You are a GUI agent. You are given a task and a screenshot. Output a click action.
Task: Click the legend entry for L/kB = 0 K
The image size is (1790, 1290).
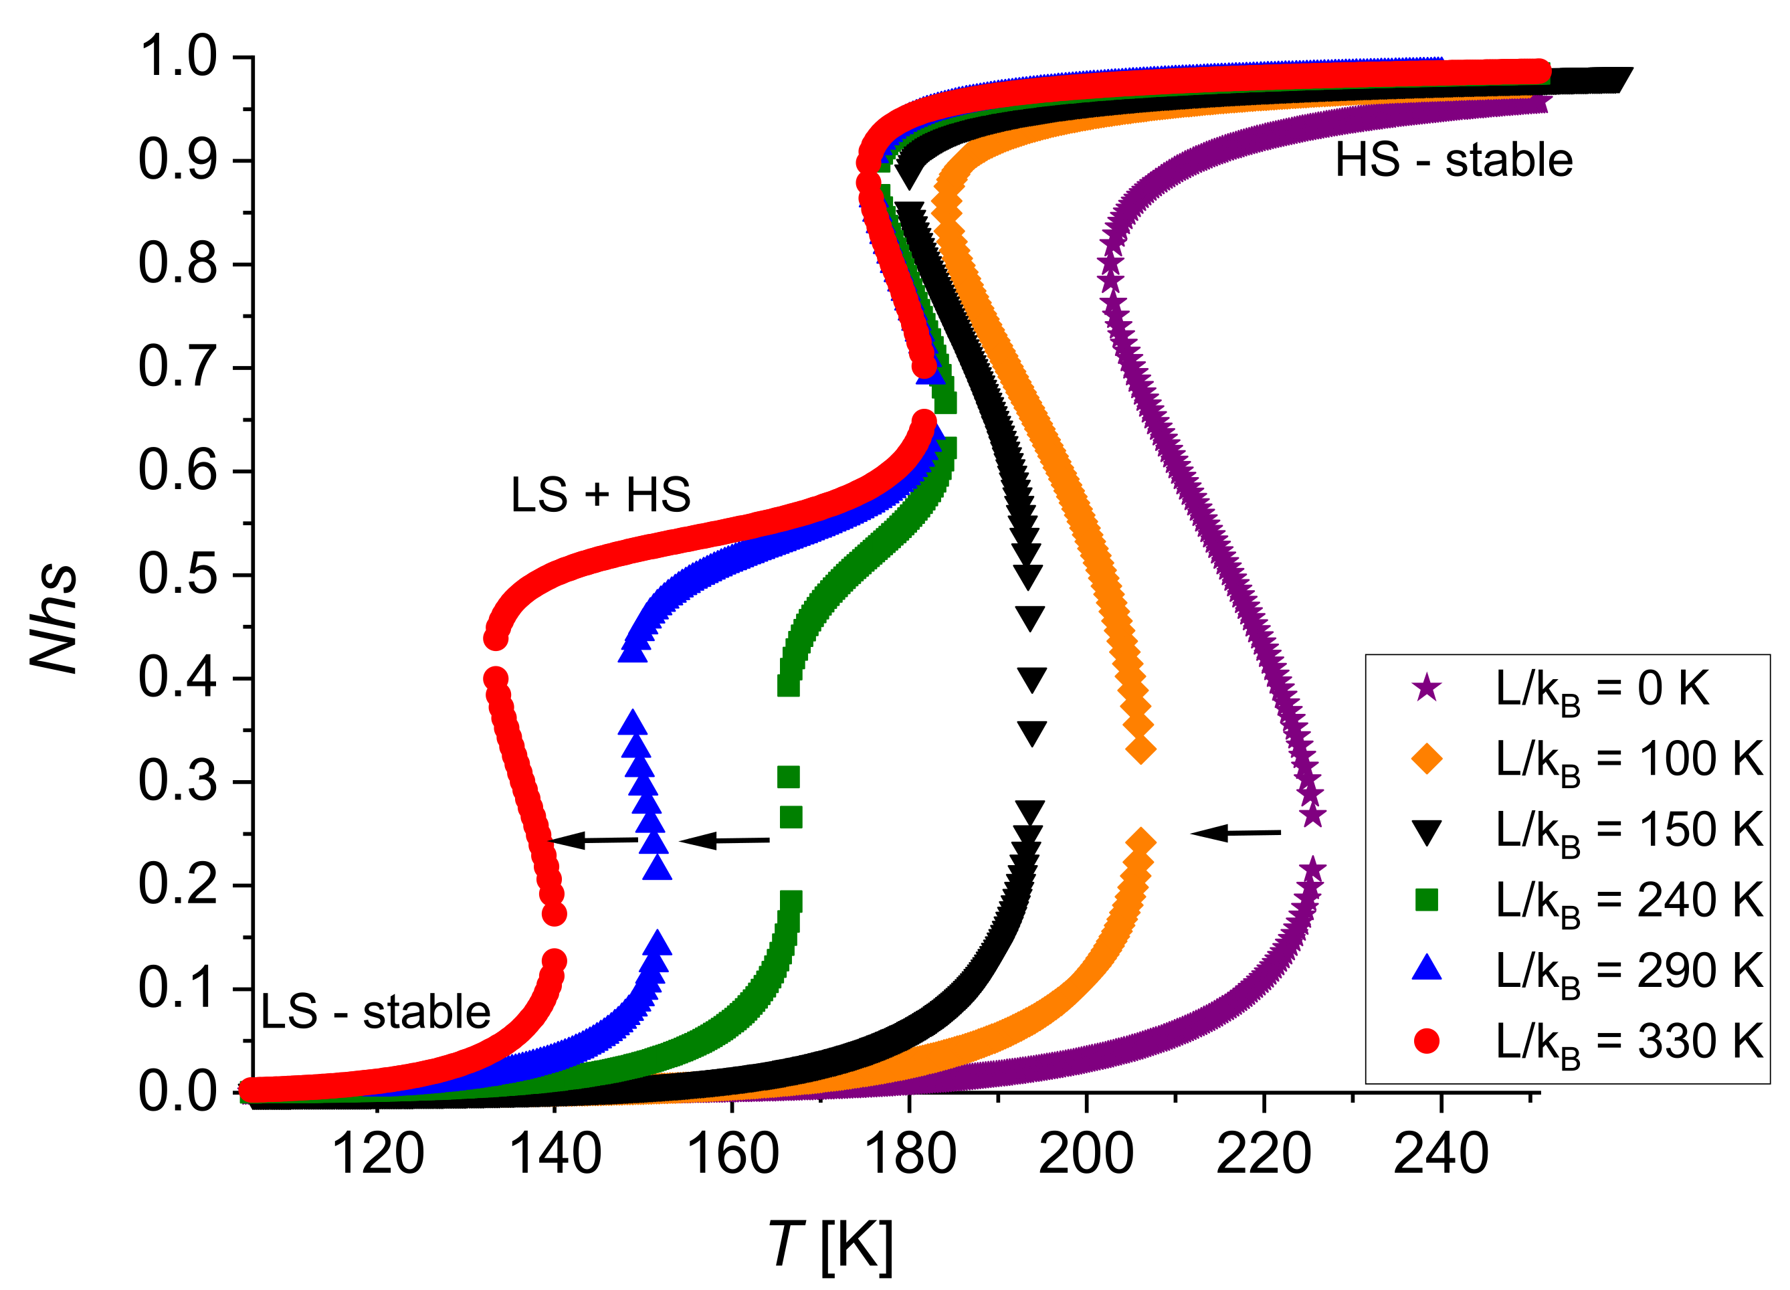[x=1601, y=689]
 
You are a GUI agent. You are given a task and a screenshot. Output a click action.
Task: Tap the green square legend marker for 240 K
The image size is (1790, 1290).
[x=1426, y=900]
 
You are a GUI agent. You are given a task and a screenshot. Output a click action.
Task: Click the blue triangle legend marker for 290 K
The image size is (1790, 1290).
[x=1426, y=969]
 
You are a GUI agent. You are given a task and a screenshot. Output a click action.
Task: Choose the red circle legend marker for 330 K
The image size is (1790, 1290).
[x=1426, y=1040]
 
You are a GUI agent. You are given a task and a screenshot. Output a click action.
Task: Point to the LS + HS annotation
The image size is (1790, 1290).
[x=601, y=495]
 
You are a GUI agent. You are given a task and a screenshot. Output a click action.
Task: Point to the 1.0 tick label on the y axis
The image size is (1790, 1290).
[x=177, y=57]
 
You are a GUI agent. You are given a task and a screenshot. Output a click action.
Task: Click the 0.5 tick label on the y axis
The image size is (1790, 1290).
[x=177, y=574]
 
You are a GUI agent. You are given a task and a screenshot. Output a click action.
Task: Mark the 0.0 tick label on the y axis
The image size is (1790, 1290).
[x=177, y=1092]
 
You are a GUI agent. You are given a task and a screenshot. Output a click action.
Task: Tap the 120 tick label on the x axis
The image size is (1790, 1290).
[x=377, y=1154]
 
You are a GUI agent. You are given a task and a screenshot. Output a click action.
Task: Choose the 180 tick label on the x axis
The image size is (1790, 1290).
[x=909, y=1154]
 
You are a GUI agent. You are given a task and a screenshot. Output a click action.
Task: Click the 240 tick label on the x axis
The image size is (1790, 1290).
[x=1441, y=1154]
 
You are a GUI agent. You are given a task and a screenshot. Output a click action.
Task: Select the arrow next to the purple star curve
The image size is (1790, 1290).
[x=1235, y=833]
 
